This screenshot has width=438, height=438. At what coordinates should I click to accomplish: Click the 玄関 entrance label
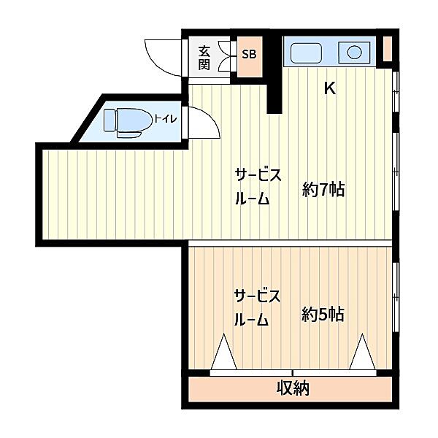[204, 58]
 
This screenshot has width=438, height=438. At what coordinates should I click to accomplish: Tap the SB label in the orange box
[249, 54]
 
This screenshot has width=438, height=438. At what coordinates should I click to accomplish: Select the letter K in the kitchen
[330, 88]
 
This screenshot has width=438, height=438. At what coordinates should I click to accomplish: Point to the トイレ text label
[166, 119]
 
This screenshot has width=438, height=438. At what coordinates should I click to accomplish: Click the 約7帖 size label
[323, 189]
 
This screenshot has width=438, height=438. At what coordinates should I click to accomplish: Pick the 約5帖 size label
[323, 314]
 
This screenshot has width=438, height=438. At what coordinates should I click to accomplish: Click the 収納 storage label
[293, 388]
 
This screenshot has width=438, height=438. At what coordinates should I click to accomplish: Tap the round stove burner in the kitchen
[355, 52]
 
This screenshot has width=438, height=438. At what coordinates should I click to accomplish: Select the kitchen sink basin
[306, 53]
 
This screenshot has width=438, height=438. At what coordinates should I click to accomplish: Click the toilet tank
[109, 120]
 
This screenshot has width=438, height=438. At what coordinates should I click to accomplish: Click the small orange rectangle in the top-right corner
[387, 49]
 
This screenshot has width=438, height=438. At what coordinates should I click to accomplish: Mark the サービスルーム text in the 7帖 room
[258, 187]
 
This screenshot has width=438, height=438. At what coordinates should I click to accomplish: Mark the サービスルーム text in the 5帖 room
[257, 308]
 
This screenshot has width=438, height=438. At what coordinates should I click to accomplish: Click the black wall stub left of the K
[274, 73]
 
